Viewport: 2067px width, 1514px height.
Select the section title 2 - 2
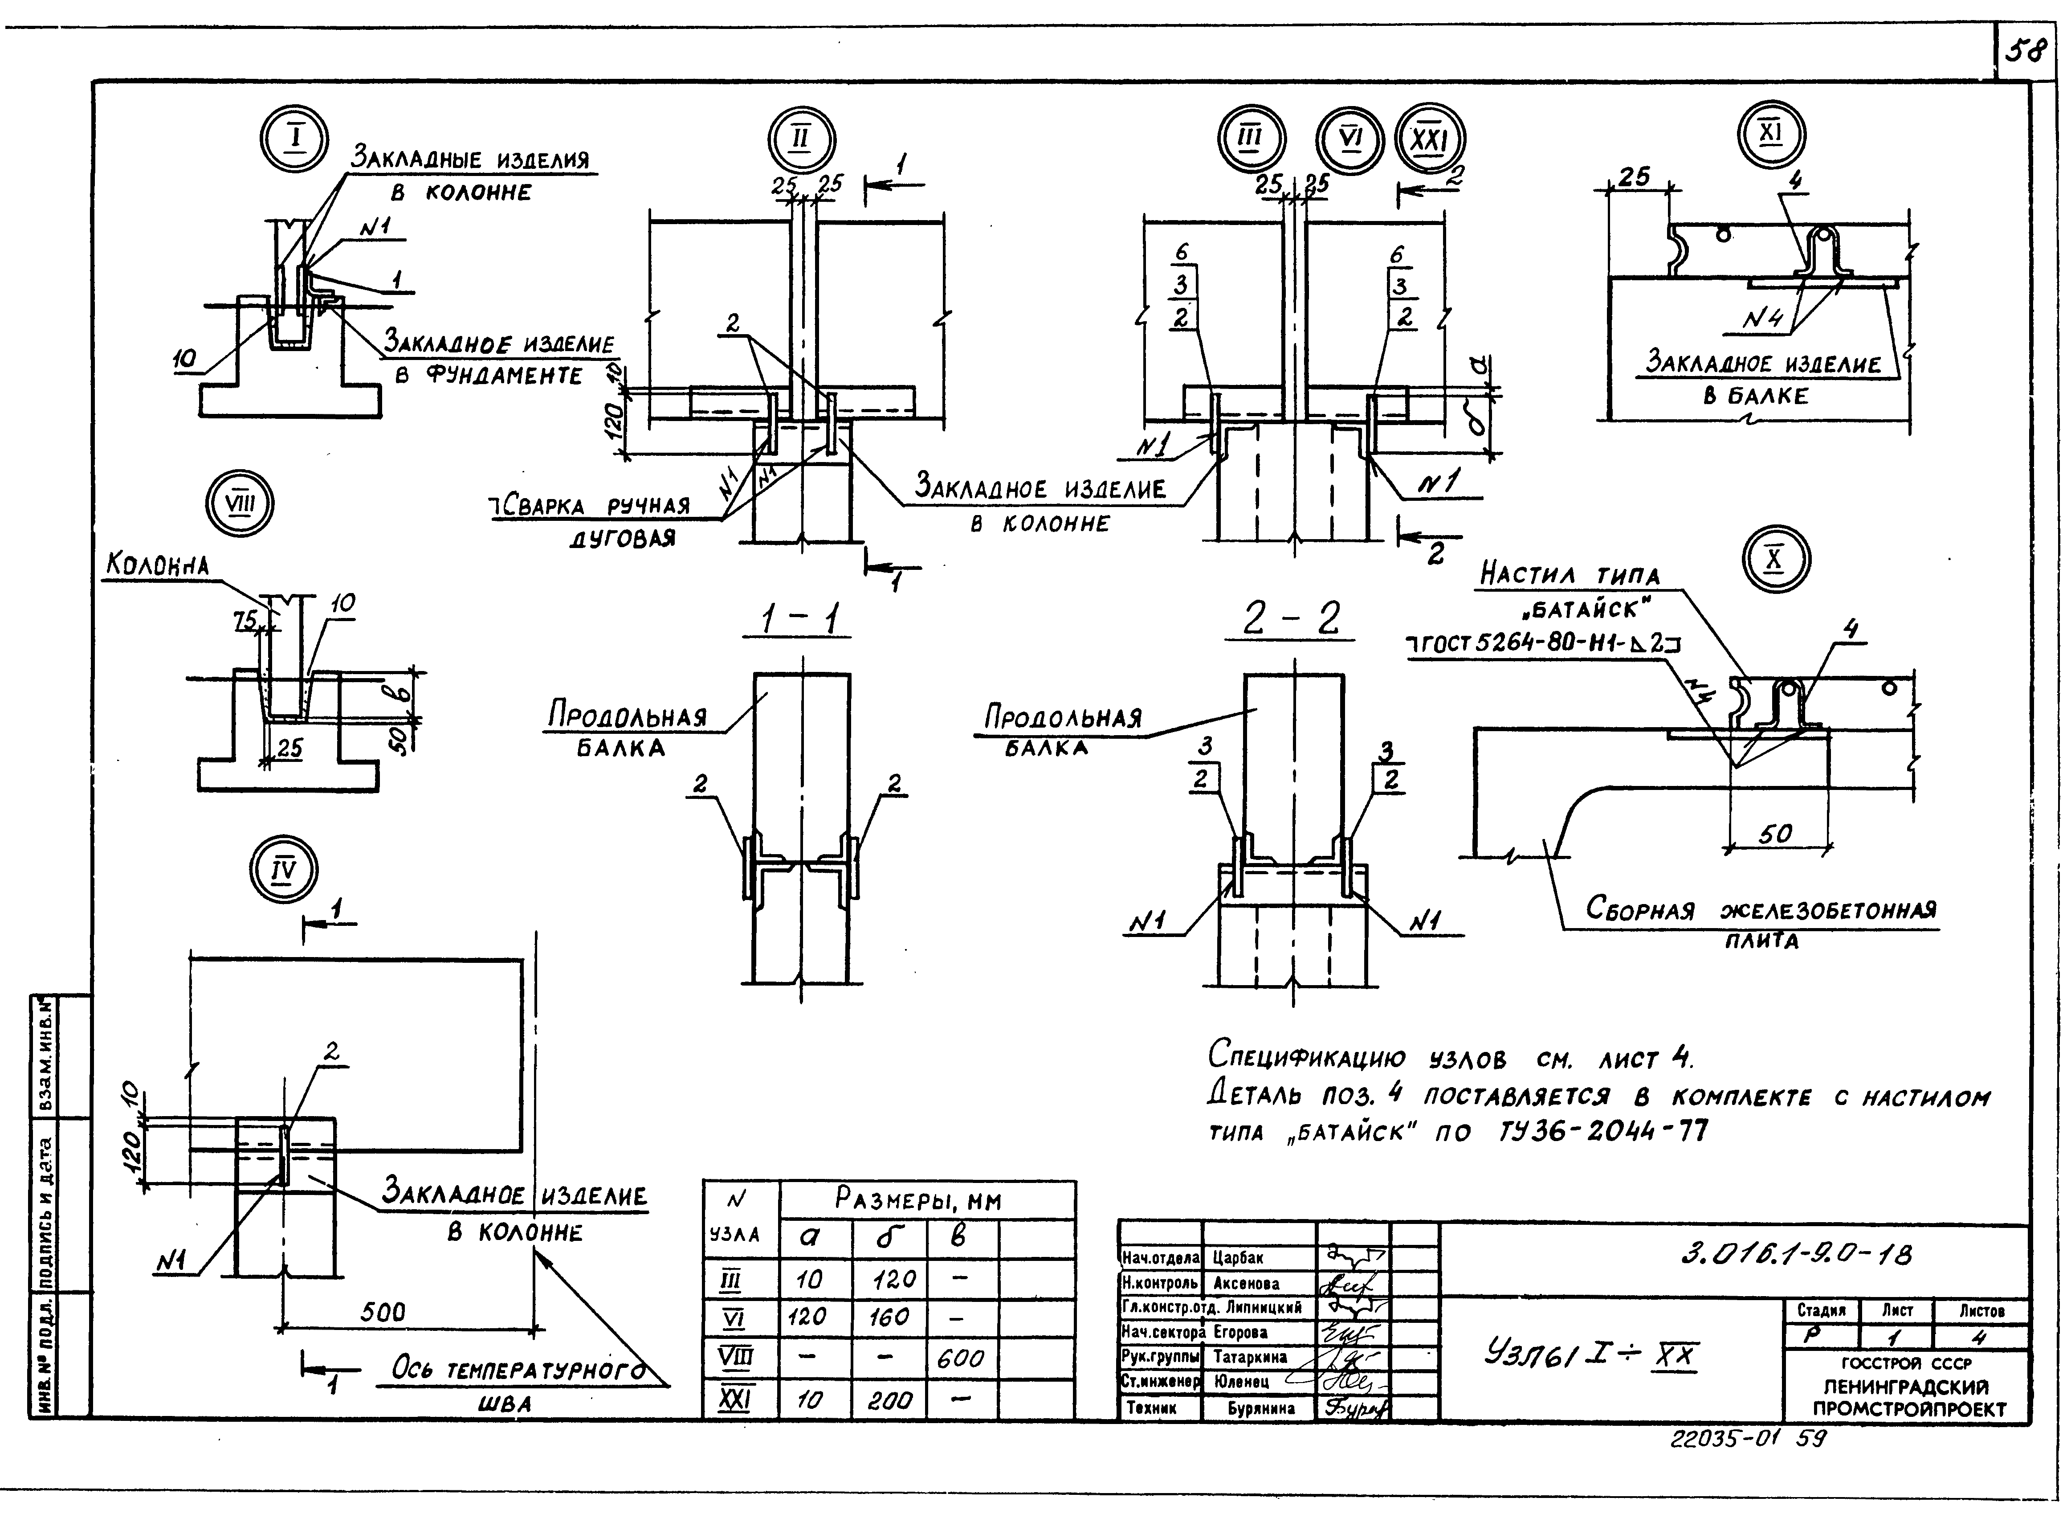click(x=1292, y=619)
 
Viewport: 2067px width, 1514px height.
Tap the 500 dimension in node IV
click(x=382, y=1312)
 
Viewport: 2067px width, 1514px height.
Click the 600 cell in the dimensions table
click(x=960, y=1358)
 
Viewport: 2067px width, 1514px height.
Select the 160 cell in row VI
click(x=889, y=1317)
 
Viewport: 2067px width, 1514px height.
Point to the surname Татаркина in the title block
click(x=1251, y=1356)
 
